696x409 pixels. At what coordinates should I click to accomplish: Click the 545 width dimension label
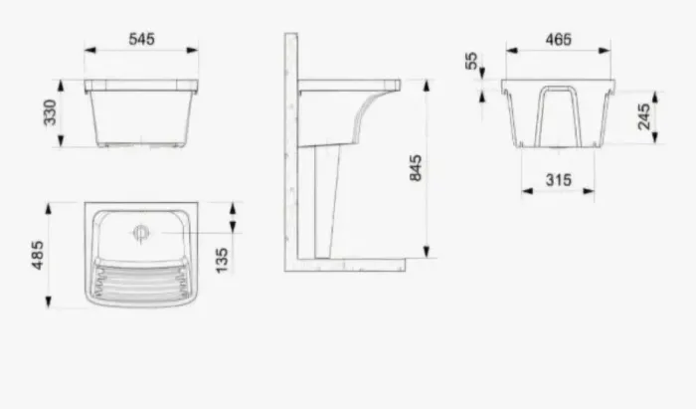click(x=141, y=39)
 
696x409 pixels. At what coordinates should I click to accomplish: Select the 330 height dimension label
click(x=50, y=112)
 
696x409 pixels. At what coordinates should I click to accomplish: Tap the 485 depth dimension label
click(x=38, y=255)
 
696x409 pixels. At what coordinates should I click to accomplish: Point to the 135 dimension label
click(x=221, y=261)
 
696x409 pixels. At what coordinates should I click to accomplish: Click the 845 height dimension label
click(x=416, y=168)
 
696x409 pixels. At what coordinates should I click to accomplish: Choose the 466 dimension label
click(x=559, y=40)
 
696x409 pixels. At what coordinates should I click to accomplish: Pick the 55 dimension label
click(x=471, y=61)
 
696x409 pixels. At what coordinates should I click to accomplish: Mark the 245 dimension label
click(x=643, y=116)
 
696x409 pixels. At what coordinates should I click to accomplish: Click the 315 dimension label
click(x=559, y=180)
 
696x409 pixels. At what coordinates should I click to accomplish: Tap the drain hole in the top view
click(x=141, y=233)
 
